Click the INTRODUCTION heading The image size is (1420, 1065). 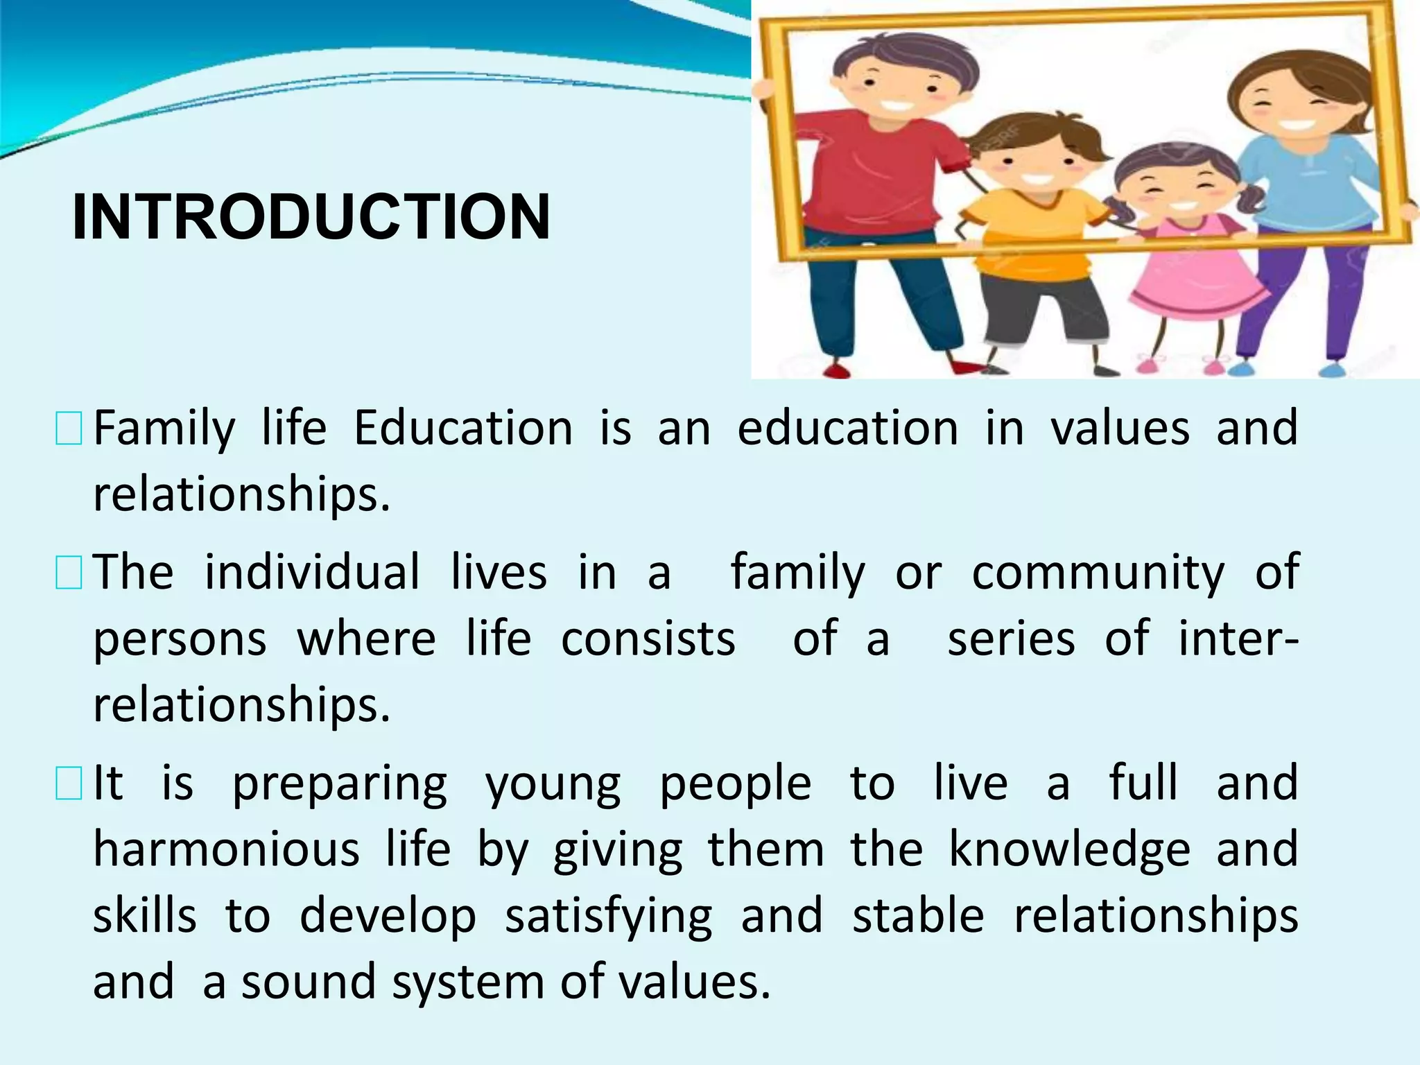pos(311,216)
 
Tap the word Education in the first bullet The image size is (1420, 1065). pos(463,428)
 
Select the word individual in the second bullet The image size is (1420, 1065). pos(312,573)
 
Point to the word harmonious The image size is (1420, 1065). pos(227,850)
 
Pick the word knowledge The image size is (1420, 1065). pos(1069,850)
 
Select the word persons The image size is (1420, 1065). pos(180,639)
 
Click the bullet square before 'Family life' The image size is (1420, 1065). pos(69,428)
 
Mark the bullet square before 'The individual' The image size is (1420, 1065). pos(69,573)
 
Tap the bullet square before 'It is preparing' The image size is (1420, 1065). pos(69,783)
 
